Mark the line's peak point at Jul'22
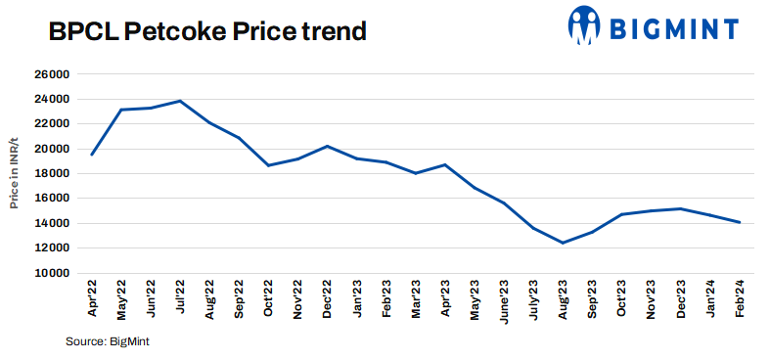coord(180,101)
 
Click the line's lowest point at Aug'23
coord(563,243)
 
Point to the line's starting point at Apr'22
coord(92,155)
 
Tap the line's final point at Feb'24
coord(740,222)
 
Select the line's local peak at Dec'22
coord(328,146)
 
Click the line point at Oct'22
coord(268,165)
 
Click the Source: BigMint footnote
coord(107,340)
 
